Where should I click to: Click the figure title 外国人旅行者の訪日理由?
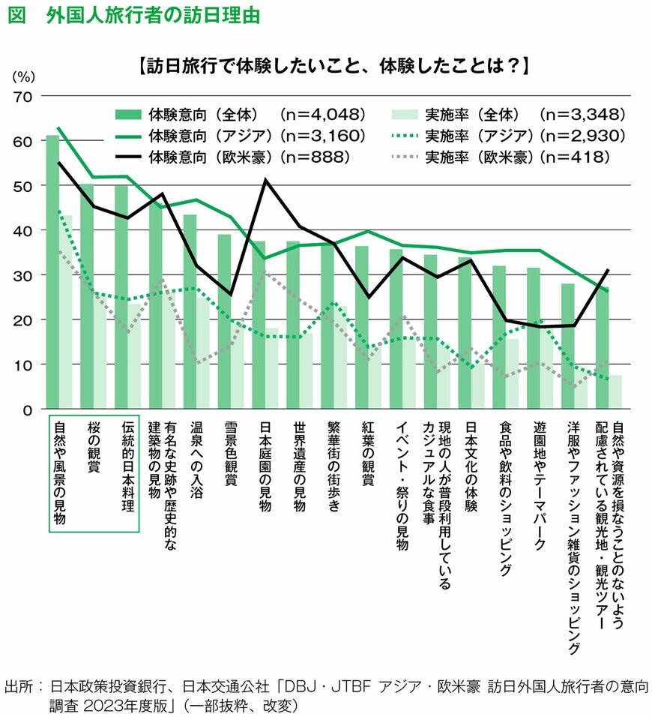[150, 16]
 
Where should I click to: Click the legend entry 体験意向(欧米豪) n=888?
[240, 157]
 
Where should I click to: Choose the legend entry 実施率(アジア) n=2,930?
[510, 136]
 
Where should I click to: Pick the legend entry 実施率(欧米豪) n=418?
[510, 157]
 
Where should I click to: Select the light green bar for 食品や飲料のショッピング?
[512, 375]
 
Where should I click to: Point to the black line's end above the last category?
[607, 270]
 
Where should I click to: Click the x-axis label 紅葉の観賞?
[367, 454]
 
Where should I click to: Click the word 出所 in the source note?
[20, 686]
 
